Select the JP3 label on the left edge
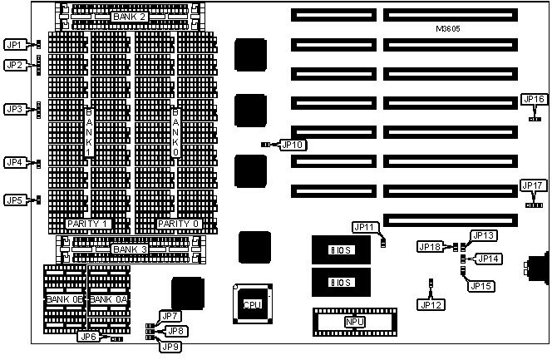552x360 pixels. pyautogui.click(x=14, y=109)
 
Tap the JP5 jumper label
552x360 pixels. pyautogui.click(x=14, y=200)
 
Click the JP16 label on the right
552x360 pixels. pyautogui.click(x=534, y=100)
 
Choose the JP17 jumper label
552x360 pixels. pyautogui.click(x=533, y=185)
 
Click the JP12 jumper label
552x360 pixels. pyautogui.click(x=431, y=304)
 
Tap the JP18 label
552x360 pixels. pyautogui.click(x=431, y=247)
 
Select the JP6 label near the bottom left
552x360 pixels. pyautogui.click(x=87, y=337)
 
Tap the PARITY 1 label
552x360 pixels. pyautogui.click(x=87, y=224)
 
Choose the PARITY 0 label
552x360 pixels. pyautogui.click(x=179, y=224)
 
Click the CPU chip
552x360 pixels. pyautogui.click(x=252, y=304)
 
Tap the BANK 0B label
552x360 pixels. pyautogui.click(x=64, y=298)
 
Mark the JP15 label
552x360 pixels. pyautogui.click(x=481, y=287)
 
